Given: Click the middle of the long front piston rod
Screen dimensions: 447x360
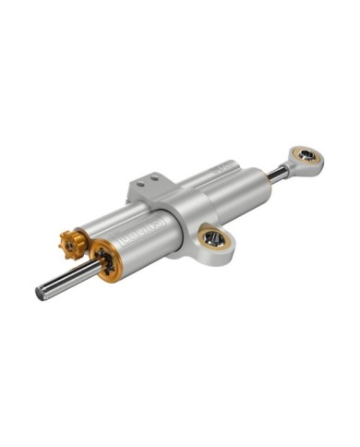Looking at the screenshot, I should pyautogui.click(x=66, y=279).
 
